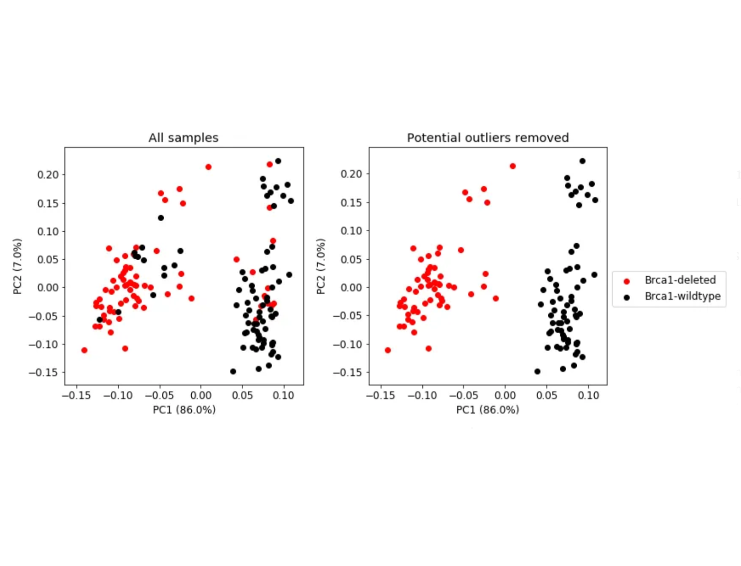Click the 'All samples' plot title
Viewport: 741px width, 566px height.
click(x=183, y=138)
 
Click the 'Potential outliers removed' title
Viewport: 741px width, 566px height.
click(x=487, y=138)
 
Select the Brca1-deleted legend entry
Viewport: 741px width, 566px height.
click(x=679, y=280)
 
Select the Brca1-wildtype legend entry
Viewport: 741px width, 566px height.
click(x=682, y=296)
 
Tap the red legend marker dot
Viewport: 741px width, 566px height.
click(x=626, y=281)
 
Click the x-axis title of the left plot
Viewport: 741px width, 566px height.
click(x=184, y=410)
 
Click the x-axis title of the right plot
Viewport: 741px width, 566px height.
click(x=487, y=410)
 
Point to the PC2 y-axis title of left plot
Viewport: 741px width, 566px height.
click(x=17, y=266)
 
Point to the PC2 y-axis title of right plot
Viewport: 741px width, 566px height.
click(x=321, y=266)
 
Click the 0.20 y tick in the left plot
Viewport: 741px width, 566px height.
click(x=47, y=175)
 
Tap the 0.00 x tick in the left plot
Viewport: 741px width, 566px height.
click(x=201, y=395)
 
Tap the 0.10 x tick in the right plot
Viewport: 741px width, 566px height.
click(x=588, y=395)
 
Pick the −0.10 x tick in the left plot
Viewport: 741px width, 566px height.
click(x=118, y=395)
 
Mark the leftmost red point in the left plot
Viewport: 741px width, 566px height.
click(x=84, y=350)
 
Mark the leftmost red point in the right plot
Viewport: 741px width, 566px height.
click(x=387, y=350)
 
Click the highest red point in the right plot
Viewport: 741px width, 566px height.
click(x=512, y=166)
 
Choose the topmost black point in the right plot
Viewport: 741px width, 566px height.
click(x=582, y=161)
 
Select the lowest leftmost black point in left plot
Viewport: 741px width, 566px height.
click(x=233, y=372)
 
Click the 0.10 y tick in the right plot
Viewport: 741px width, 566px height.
click(x=351, y=231)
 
